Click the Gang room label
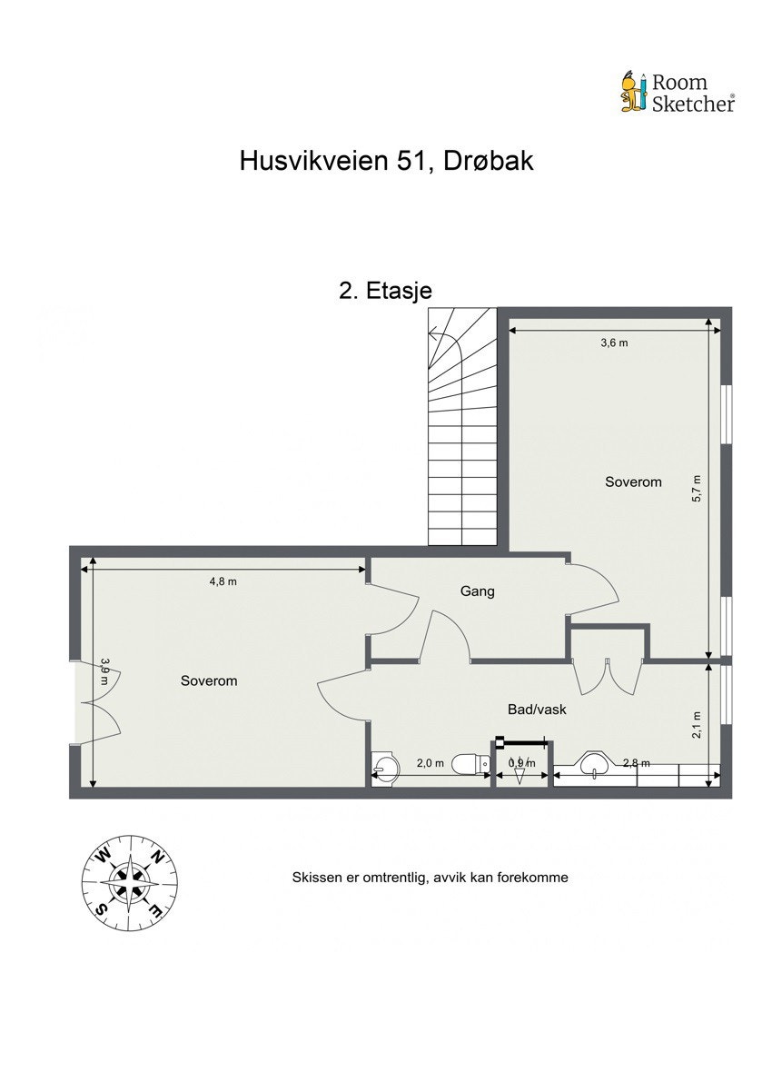point(477,591)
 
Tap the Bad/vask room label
point(537,710)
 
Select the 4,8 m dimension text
point(223,581)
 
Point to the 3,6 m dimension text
point(614,342)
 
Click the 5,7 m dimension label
point(697,489)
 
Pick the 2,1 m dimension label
point(697,725)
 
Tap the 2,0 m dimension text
point(431,763)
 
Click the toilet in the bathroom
point(470,764)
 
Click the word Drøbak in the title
point(489,161)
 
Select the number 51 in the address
point(411,161)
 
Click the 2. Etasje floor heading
point(385,291)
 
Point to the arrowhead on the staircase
point(432,334)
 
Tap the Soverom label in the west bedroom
point(209,680)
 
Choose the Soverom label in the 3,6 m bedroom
point(634,481)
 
